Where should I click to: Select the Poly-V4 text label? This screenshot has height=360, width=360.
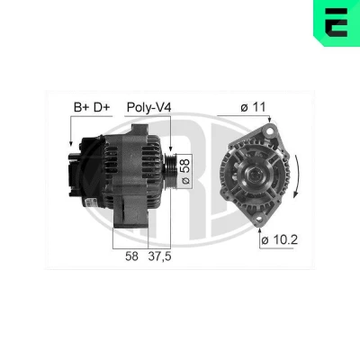click(148, 107)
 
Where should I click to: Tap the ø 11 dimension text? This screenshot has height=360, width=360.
click(253, 107)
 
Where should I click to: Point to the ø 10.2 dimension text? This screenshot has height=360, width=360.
click(279, 240)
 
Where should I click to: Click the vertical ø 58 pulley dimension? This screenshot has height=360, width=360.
click(185, 171)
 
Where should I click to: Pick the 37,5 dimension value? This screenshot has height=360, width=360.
click(159, 256)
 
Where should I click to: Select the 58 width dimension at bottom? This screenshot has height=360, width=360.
click(132, 256)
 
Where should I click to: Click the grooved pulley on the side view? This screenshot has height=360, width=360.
click(170, 170)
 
